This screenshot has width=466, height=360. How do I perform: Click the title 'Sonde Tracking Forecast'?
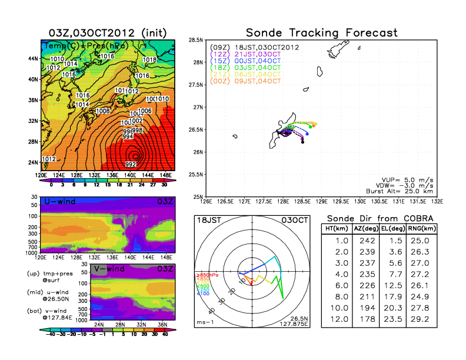pyautogui.click(x=321, y=32)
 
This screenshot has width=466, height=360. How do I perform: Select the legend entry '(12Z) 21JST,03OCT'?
pyautogui.click(x=245, y=54)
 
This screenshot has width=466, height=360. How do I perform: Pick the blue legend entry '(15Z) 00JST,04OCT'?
pyautogui.click(x=246, y=61)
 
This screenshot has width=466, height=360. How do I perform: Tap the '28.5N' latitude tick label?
pyautogui.click(x=196, y=40)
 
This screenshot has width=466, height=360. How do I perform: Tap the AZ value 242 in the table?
pyautogui.click(x=366, y=241)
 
